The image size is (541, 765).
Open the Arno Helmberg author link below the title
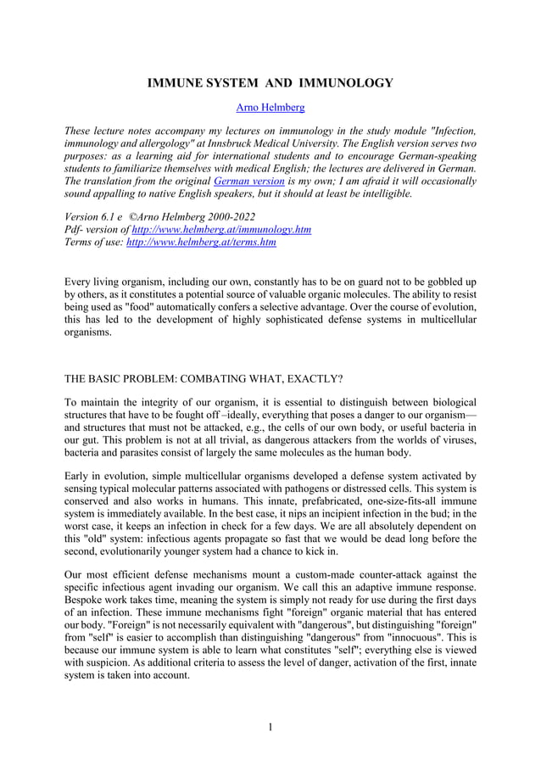pyautogui.click(x=270, y=109)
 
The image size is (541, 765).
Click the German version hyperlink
pyautogui.click(x=248, y=181)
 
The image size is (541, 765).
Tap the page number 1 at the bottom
pyautogui.click(x=270, y=727)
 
